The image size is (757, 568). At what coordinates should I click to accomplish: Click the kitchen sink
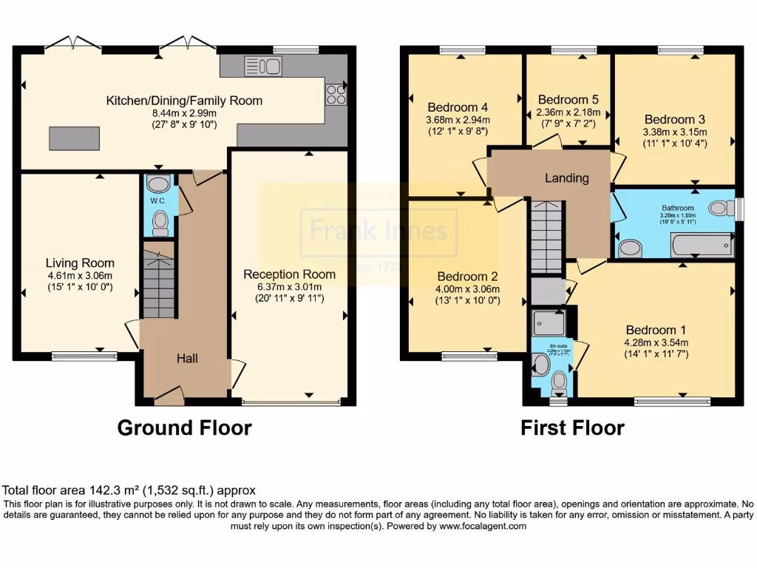click(262, 66)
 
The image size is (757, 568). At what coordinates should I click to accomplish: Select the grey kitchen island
click(74, 138)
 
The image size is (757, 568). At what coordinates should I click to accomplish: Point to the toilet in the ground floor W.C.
click(159, 221)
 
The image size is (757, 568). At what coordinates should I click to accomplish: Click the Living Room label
click(80, 263)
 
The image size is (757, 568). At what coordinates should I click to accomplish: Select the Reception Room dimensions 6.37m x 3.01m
click(289, 287)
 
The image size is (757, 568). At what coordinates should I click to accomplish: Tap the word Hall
click(186, 359)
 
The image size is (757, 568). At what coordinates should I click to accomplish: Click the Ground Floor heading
click(185, 427)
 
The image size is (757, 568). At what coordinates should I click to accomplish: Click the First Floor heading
click(572, 427)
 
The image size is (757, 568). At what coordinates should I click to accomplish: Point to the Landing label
click(567, 178)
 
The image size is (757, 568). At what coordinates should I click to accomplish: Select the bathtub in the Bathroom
click(702, 245)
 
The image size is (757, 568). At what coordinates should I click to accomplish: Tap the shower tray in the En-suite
click(548, 322)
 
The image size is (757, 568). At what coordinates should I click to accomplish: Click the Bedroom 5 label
click(568, 100)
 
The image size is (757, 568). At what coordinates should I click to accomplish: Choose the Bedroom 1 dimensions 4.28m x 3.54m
click(657, 342)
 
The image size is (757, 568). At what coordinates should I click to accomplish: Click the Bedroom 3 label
click(674, 119)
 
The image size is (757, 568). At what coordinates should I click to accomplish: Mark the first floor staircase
click(547, 237)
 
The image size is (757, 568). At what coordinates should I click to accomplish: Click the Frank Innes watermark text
click(378, 231)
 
